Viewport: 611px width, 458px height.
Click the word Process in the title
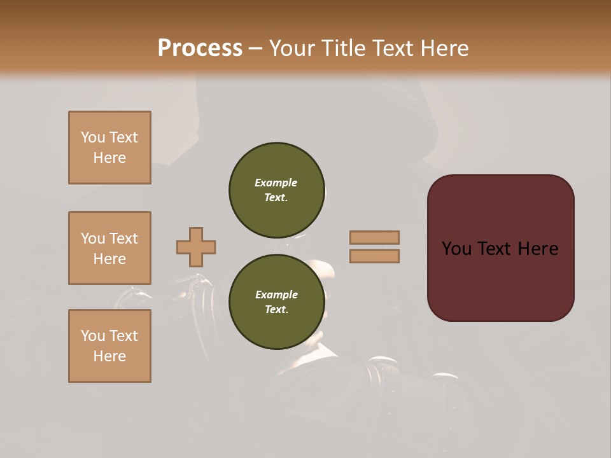click(x=200, y=48)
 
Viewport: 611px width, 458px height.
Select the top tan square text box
click(x=109, y=148)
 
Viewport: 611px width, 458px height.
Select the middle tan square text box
click(x=109, y=248)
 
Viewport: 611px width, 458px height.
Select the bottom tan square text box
click(x=109, y=346)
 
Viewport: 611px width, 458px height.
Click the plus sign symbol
click(x=196, y=247)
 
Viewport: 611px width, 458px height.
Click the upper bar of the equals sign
click(x=374, y=237)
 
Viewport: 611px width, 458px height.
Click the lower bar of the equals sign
click(x=374, y=256)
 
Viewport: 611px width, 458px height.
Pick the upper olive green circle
click(x=277, y=190)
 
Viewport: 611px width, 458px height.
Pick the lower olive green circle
click(x=277, y=302)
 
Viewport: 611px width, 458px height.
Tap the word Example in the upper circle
click(x=276, y=183)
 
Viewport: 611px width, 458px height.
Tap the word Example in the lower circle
click(x=276, y=295)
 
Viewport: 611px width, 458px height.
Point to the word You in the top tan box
click(x=93, y=137)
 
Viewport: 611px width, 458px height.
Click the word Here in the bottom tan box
click(x=109, y=356)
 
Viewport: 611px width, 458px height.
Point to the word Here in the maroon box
click(x=538, y=249)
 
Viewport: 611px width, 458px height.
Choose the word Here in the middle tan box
click(x=109, y=259)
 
